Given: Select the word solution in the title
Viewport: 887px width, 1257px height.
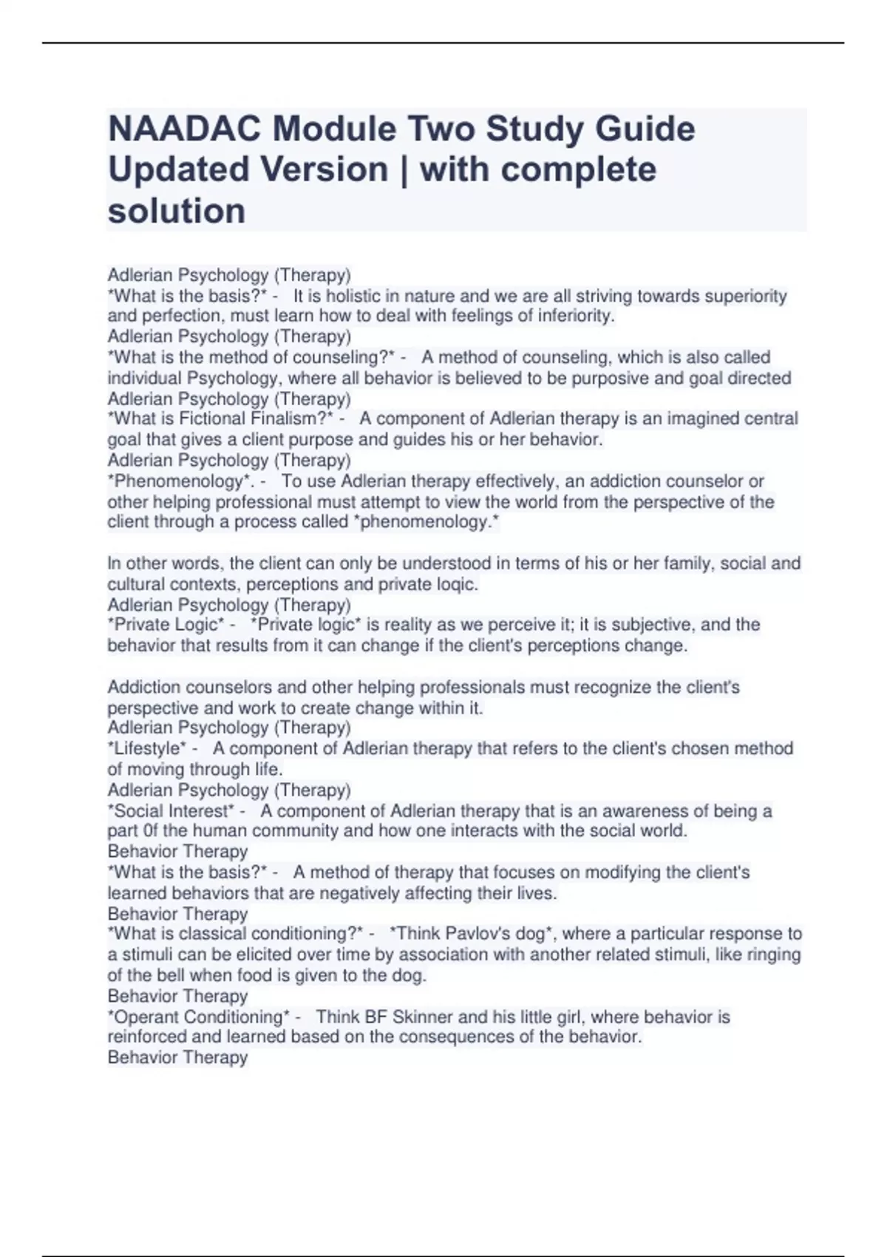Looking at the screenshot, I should point(177,211).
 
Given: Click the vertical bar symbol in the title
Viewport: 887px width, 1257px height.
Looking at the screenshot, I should point(404,170).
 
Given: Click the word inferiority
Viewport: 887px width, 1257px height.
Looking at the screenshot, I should point(577,316).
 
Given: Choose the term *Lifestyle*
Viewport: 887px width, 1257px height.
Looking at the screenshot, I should point(147,748).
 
